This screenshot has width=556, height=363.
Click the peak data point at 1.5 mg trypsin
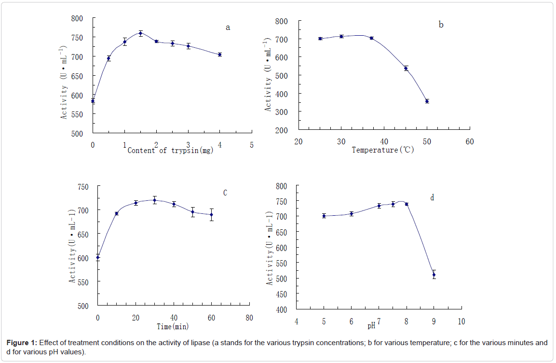click(x=140, y=33)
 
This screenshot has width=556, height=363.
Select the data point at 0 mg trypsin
click(x=93, y=101)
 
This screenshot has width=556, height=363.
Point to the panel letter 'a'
click(x=228, y=28)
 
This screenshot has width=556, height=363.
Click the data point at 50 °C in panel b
click(x=427, y=101)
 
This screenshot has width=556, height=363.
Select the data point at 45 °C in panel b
click(x=406, y=69)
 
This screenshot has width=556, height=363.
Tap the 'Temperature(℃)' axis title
click(x=383, y=150)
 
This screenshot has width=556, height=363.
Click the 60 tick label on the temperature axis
click(x=470, y=141)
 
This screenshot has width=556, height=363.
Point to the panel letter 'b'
click(x=441, y=25)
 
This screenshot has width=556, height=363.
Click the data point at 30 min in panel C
click(x=155, y=200)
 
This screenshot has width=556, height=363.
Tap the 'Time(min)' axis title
click(x=173, y=326)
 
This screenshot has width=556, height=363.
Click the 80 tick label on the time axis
click(x=249, y=318)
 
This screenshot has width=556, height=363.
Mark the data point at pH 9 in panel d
click(x=434, y=275)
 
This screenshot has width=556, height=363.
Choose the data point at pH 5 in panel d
click(x=324, y=216)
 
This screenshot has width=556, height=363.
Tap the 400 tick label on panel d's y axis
click(x=281, y=309)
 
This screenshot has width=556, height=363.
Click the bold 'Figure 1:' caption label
click(x=22, y=343)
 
